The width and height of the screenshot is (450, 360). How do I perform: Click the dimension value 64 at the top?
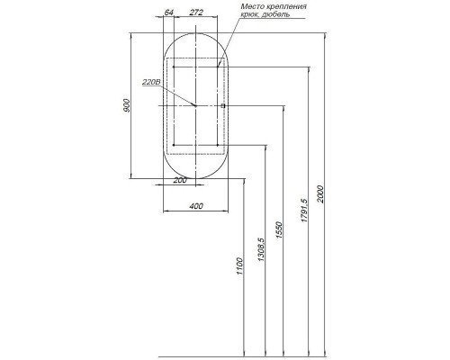[x=168, y=13]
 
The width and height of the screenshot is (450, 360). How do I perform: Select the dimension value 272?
[x=196, y=13]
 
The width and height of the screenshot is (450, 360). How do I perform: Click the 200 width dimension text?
[x=180, y=182]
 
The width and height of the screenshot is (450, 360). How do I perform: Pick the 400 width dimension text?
[x=195, y=206]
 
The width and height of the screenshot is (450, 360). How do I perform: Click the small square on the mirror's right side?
[x=223, y=106]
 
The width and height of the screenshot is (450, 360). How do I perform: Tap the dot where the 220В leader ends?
[x=194, y=106]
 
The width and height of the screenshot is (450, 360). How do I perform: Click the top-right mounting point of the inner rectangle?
[x=219, y=67]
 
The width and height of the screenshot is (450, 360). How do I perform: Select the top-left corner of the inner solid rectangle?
[x=172, y=67]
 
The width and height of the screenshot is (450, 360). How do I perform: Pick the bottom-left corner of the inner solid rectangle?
[x=172, y=144]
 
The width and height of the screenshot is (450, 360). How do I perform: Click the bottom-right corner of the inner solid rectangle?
[x=219, y=144]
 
